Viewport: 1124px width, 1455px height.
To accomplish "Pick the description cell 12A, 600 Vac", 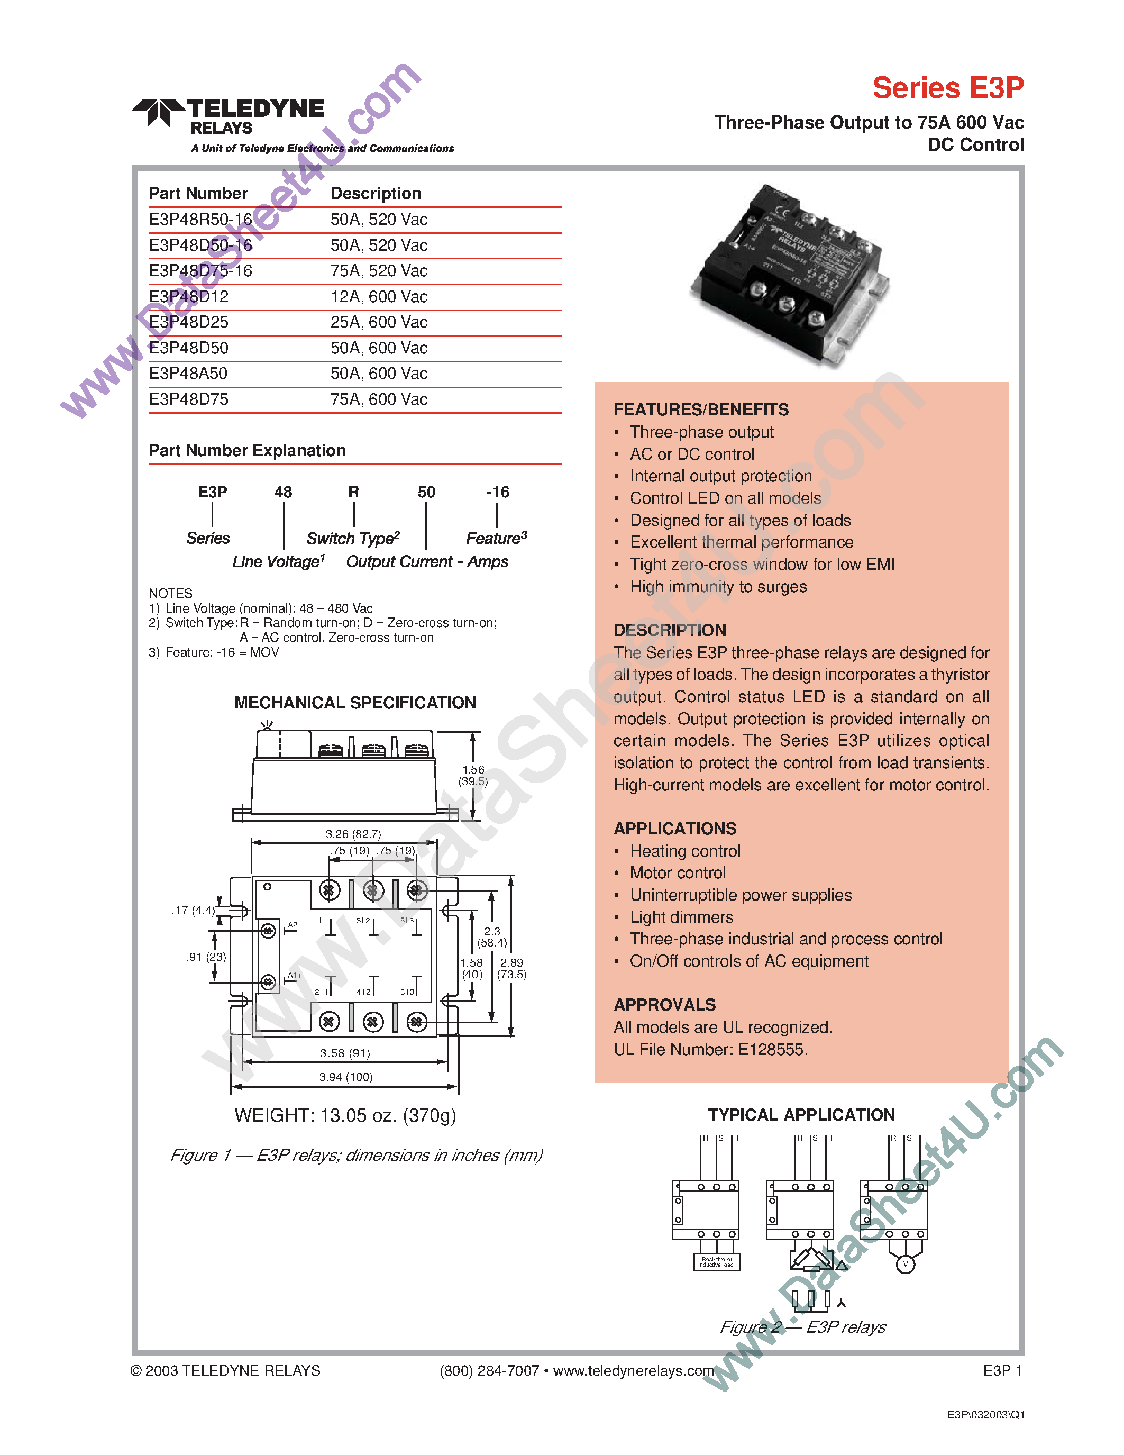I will (378, 296).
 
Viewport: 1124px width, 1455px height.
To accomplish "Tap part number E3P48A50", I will (188, 374).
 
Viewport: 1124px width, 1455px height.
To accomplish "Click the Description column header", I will (376, 193).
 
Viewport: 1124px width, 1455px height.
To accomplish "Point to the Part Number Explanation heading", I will (247, 451).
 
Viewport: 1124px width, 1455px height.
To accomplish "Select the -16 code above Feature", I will (497, 493).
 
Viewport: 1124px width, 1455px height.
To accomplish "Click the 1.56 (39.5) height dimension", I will (473, 776).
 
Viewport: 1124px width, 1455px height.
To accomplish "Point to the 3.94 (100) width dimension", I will (345, 1077).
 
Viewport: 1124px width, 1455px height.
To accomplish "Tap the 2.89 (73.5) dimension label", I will (511, 969).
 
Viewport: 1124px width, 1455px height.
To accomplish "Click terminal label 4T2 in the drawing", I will (363, 992).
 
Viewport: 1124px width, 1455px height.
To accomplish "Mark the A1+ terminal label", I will (294, 975).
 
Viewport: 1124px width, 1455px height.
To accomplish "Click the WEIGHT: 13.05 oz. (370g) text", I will (345, 1116).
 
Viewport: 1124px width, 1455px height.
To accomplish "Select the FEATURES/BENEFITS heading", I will (700, 410).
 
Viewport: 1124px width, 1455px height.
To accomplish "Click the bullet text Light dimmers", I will (681, 917).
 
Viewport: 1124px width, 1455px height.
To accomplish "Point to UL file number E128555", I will (772, 1050).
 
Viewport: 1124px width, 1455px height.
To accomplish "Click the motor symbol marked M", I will (905, 1265).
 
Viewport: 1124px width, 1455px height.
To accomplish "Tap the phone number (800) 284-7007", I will (489, 1371).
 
